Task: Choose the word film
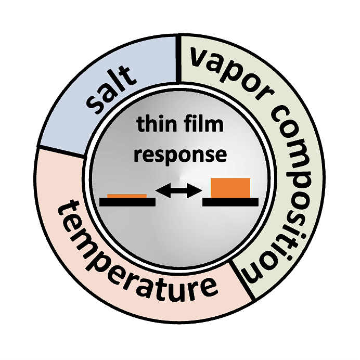[x=204, y=125]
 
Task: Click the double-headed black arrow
[x=178, y=191]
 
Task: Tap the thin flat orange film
[x=126, y=196]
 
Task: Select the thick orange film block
[x=230, y=188]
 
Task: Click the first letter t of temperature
[x=66, y=211]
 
